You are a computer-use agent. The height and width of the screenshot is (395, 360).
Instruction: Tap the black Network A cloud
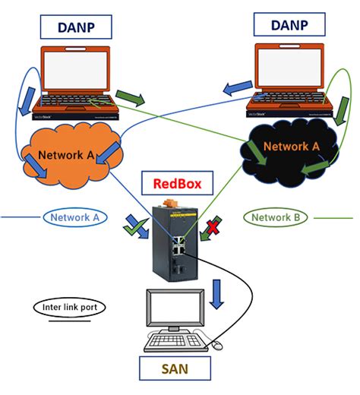click(x=286, y=149)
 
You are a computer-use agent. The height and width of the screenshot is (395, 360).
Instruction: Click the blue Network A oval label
click(x=74, y=217)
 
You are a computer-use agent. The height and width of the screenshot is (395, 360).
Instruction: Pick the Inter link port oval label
click(x=68, y=307)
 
